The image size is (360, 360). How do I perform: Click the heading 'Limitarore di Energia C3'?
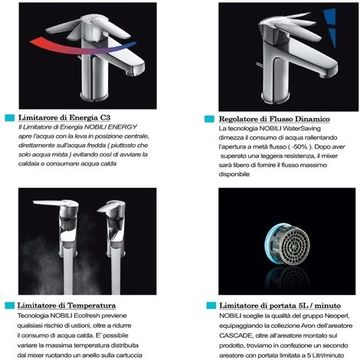tap(64, 118)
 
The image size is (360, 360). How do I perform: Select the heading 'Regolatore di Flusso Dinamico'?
tap(274, 119)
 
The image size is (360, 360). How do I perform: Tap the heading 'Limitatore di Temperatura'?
tap(67, 306)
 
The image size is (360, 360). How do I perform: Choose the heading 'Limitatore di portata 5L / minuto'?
tap(280, 306)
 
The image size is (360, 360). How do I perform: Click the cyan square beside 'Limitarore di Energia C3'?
tap(10, 118)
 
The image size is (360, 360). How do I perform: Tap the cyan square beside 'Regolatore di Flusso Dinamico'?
tap(209, 119)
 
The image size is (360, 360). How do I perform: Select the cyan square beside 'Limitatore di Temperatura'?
tap(10, 306)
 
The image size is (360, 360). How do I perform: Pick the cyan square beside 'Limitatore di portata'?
tap(211, 306)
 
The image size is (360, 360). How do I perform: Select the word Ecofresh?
tap(86, 316)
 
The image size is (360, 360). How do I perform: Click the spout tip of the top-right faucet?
tap(322, 75)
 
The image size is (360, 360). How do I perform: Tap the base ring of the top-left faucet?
tap(92, 97)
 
